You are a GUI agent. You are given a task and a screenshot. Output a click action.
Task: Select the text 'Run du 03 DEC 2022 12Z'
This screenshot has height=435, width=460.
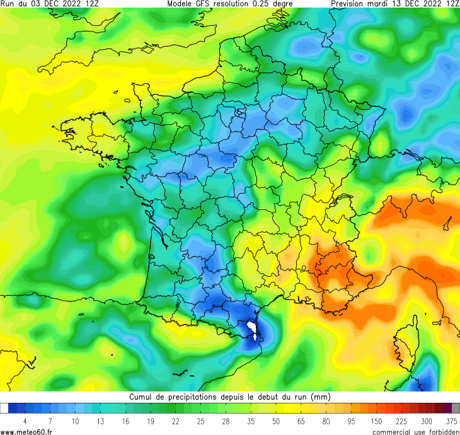click(50, 4)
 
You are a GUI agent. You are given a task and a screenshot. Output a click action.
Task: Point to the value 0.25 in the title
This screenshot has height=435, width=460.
click(267, 4)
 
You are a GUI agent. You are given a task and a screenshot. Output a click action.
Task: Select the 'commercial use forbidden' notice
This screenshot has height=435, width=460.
click(415, 431)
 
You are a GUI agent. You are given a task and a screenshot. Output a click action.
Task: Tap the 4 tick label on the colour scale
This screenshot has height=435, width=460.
click(25, 421)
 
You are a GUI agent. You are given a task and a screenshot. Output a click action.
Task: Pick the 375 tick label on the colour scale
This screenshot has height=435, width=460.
click(452, 421)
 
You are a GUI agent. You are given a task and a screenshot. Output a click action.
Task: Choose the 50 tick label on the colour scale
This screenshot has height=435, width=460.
click(276, 421)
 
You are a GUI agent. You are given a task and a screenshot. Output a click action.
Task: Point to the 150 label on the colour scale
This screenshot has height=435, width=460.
click(376, 421)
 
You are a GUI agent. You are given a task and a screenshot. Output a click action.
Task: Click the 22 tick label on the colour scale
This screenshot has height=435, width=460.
click(176, 421)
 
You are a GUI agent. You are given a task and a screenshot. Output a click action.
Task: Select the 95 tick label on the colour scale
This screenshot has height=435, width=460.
click(351, 421)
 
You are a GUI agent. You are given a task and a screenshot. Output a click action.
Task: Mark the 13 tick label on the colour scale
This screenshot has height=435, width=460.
click(100, 421)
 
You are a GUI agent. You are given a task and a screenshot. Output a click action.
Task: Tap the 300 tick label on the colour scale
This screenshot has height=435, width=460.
click(427, 421)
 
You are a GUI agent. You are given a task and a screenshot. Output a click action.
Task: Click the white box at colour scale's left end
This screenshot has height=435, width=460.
click(4, 409)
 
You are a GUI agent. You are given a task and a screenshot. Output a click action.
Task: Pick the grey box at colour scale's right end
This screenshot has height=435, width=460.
click(456, 409)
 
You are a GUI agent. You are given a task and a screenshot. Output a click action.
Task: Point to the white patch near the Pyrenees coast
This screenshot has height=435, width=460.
click(253, 329)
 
